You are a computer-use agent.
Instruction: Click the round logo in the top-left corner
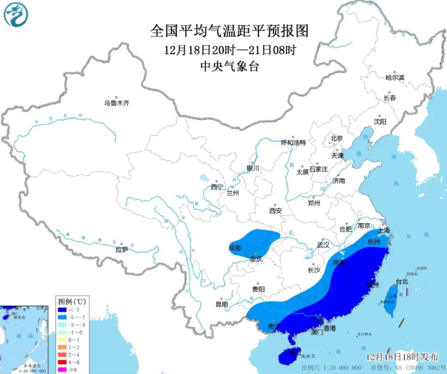pyautogui.click(x=15, y=15)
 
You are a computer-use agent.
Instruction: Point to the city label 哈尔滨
pyautogui.click(x=394, y=78)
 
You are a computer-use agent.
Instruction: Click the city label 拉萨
pyautogui.click(x=122, y=249)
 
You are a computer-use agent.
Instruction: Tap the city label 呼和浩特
pyautogui.click(x=293, y=142)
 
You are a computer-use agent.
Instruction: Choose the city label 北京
pyautogui.click(x=337, y=138)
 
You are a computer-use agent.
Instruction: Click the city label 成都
pyautogui.click(x=235, y=248)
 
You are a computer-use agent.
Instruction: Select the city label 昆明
pyautogui.click(x=222, y=304)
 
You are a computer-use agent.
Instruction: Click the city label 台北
pyautogui.click(x=402, y=282)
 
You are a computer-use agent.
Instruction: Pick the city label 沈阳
pyautogui.click(x=380, y=121)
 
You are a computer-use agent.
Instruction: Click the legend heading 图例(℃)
pyautogui.click(x=71, y=301)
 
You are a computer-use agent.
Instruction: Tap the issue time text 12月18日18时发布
pyautogui.click(x=402, y=356)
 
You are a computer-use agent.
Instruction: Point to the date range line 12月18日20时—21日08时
pyautogui.click(x=230, y=50)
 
